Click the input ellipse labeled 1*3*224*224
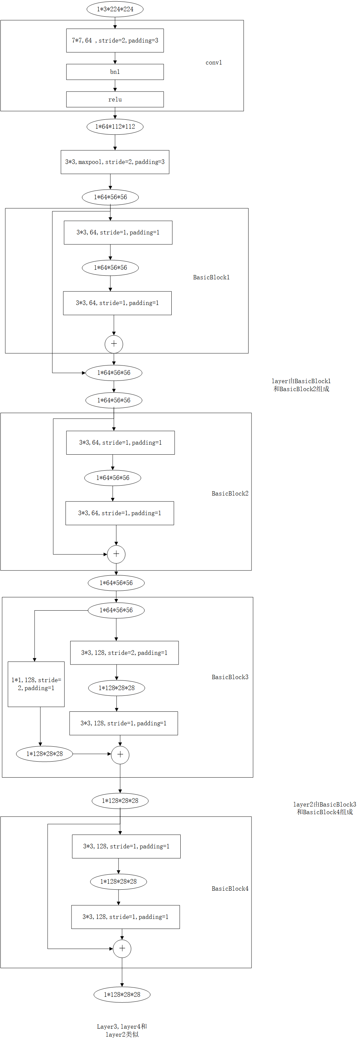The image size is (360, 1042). [115, 9]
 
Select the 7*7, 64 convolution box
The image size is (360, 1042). [115, 41]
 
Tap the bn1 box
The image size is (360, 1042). [115, 72]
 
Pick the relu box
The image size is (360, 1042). [115, 99]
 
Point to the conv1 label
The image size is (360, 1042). [214, 63]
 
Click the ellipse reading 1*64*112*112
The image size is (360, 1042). [115, 127]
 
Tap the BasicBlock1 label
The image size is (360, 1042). [211, 277]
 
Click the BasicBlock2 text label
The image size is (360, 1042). [230, 494]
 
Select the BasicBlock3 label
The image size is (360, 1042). [230, 677]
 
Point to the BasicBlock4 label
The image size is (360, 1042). [230, 889]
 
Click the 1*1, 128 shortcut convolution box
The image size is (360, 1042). [36, 684]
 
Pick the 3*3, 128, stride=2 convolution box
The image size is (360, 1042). [124, 653]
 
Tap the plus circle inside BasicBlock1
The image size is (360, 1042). [114, 344]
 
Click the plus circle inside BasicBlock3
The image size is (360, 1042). [120, 754]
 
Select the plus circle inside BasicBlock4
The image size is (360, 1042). [122, 949]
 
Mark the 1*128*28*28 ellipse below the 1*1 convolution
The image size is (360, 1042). [45, 754]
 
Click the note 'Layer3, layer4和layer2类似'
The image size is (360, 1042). [122, 1030]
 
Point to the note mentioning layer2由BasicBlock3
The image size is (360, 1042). [324, 808]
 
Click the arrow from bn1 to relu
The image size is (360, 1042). [115, 86]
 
